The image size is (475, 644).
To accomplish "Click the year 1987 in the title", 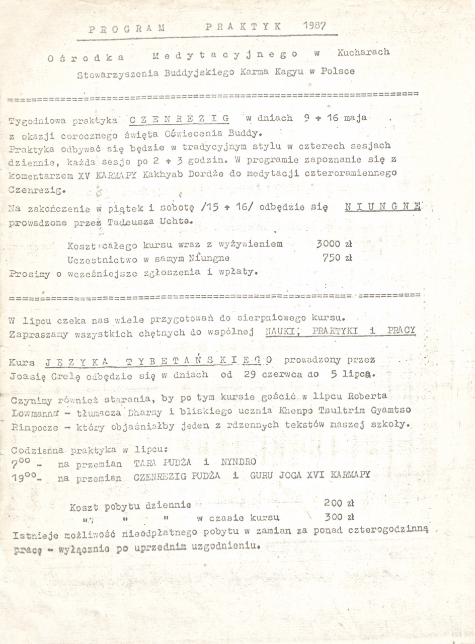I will pyautogui.click(x=315, y=25).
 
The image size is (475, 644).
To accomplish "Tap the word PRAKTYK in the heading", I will pyautogui.click(x=244, y=27).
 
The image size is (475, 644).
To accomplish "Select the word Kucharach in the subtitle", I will pyautogui.click(x=363, y=52).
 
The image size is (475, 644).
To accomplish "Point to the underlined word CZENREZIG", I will pyautogui.click(x=179, y=119).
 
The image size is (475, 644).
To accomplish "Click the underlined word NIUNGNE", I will pyautogui.click(x=383, y=207).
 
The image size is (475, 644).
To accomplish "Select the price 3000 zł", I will pyautogui.click(x=334, y=244).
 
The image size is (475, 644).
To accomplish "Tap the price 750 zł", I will pyautogui.click(x=337, y=258).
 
